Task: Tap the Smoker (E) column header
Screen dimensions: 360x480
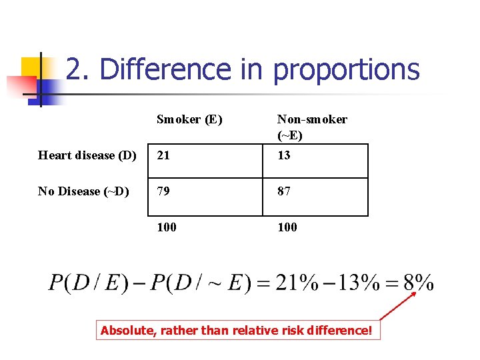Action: (189, 119)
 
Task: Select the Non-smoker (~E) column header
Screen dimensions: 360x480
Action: (311, 127)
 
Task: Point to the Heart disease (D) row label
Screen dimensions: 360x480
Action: (87, 155)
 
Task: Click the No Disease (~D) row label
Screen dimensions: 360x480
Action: (83, 191)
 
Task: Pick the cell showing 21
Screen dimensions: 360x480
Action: (163, 155)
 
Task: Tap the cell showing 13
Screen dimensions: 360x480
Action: (284, 155)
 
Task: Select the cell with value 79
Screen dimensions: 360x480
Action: (164, 191)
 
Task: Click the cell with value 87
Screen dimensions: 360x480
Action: (285, 191)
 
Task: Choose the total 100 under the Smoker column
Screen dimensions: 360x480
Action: (167, 227)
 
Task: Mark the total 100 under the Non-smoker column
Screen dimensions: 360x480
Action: (287, 227)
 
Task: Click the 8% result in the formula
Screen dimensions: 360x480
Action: (419, 283)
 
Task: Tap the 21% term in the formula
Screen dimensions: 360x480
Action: (297, 283)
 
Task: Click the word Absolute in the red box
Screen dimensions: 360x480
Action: (126, 329)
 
